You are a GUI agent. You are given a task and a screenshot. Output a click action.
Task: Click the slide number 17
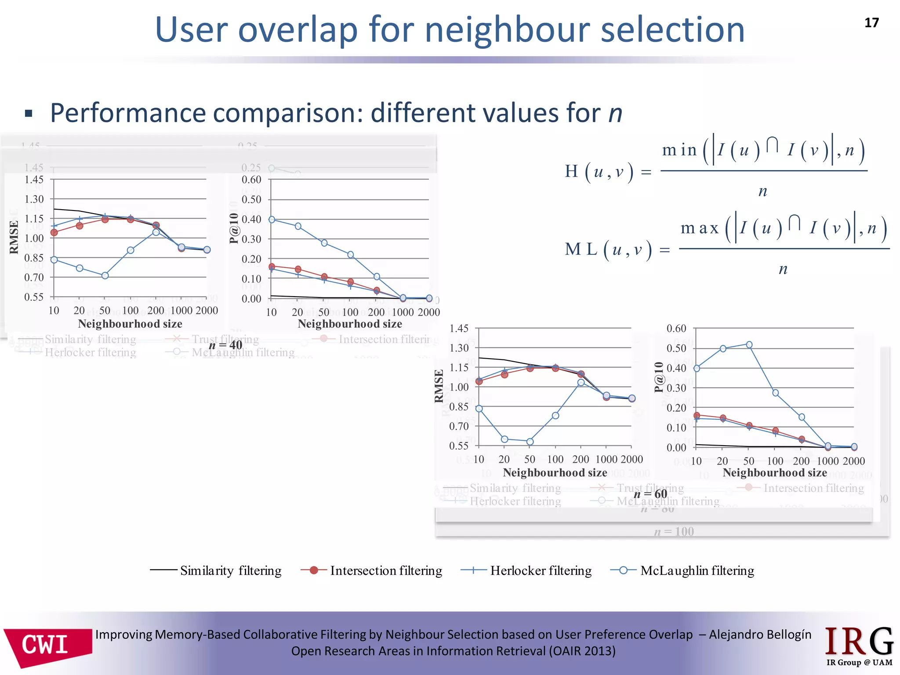coord(871,23)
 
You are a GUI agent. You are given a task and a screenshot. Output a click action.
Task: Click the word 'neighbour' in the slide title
coord(508,30)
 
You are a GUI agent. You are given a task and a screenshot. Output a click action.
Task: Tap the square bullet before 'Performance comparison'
coord(29,114)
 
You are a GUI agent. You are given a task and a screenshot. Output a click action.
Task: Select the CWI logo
coord(47,646)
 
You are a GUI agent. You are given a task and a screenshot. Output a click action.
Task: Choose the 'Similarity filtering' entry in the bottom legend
coord(216,570)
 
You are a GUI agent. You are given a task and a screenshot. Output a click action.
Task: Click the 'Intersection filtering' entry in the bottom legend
coord(371,570)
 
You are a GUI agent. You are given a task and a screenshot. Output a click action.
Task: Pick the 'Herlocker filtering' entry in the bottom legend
coord(526,570)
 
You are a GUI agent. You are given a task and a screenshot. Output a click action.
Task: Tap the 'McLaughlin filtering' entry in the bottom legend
coord(682,570)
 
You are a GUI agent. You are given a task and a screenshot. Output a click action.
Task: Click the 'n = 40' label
coord(225,345)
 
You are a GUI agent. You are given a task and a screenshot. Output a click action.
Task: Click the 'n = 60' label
coord(650,494)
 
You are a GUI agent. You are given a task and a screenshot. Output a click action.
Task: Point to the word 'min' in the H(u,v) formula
coord(679,150)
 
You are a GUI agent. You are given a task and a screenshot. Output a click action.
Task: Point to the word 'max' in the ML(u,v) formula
coord(699,228)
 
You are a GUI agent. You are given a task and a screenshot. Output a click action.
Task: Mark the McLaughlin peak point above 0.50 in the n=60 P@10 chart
coord(749,345)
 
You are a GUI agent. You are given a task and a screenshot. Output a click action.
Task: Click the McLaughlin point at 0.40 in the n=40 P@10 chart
coord(272,219)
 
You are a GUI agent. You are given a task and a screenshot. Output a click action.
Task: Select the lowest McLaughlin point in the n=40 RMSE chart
coord(105,276)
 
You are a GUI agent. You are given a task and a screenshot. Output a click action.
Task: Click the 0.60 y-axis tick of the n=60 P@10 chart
coord(676,328)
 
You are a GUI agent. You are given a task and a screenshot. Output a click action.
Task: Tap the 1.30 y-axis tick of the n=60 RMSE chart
coord(459,348)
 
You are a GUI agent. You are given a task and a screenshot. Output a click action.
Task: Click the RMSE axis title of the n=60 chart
coord(439,386)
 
